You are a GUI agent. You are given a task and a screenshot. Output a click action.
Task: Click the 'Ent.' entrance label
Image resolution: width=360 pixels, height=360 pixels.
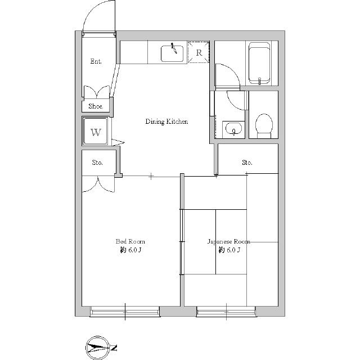pos(96,61)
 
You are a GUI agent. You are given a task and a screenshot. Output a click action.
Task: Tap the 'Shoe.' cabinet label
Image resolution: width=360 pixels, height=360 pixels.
pos(96,106)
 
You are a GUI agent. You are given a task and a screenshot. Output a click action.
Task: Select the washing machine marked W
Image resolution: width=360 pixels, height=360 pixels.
pos(96,131)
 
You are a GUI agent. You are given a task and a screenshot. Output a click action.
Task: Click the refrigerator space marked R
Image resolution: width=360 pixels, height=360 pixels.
pos(199,52)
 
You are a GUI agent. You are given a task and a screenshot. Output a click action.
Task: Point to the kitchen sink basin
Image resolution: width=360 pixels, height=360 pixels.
pos(172,54)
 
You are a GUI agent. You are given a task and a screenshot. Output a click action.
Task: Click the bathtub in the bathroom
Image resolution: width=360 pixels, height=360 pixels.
pos(259,63)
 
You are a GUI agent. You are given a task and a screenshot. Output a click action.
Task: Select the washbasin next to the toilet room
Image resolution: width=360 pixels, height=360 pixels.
pos(233,129)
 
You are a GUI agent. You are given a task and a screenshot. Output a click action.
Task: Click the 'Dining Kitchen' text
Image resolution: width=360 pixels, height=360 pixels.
pos(166,121)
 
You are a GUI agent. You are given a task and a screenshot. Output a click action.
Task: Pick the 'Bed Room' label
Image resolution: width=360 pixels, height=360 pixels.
pos(130,241)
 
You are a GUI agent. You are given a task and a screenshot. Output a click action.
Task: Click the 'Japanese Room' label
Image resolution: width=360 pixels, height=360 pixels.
pos(229,241)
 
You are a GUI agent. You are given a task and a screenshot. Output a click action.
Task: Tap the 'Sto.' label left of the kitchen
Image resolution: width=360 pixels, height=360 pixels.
pos(97,163)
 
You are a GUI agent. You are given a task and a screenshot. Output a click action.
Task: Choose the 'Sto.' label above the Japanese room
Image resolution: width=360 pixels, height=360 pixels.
pos(247,163)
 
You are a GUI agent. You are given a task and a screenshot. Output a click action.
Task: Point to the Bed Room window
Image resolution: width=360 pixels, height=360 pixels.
pos(125,312)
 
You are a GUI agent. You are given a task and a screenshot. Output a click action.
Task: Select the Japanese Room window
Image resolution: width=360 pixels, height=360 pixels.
pos(226,312)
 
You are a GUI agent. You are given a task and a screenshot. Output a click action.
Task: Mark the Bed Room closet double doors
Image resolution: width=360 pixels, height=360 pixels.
pos(98,184)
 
